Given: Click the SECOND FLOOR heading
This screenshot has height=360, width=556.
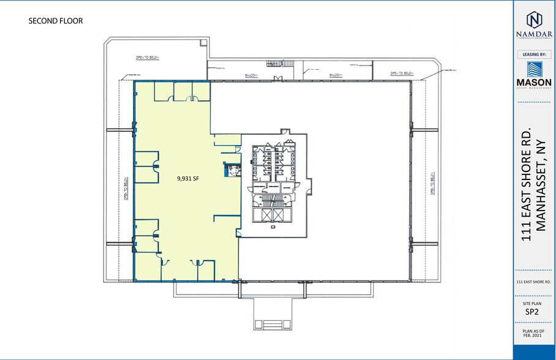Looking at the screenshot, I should [x=56, y=21].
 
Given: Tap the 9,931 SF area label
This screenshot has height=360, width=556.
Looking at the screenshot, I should [x=189, y=179].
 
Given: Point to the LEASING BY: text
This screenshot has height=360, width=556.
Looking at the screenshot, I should [x=535, y=54].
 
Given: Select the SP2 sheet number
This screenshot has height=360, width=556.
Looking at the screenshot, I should [x=535, y=312].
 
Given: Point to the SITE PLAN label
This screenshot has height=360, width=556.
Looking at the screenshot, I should [x=535, y=302].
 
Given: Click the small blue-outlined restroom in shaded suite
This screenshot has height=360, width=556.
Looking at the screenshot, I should [x=231, y=170].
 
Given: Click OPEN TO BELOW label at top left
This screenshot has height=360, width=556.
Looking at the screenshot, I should [x=148, y=58].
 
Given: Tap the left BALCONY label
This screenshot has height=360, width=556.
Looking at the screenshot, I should [x=248, y=75].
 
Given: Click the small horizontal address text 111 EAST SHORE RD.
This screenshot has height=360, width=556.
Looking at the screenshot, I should [x=535, y=282].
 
